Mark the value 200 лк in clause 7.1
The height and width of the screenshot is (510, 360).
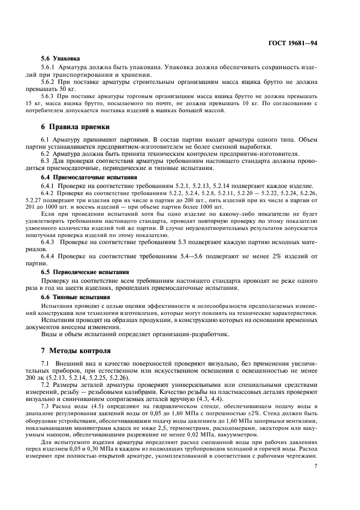(x=49, y=377)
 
